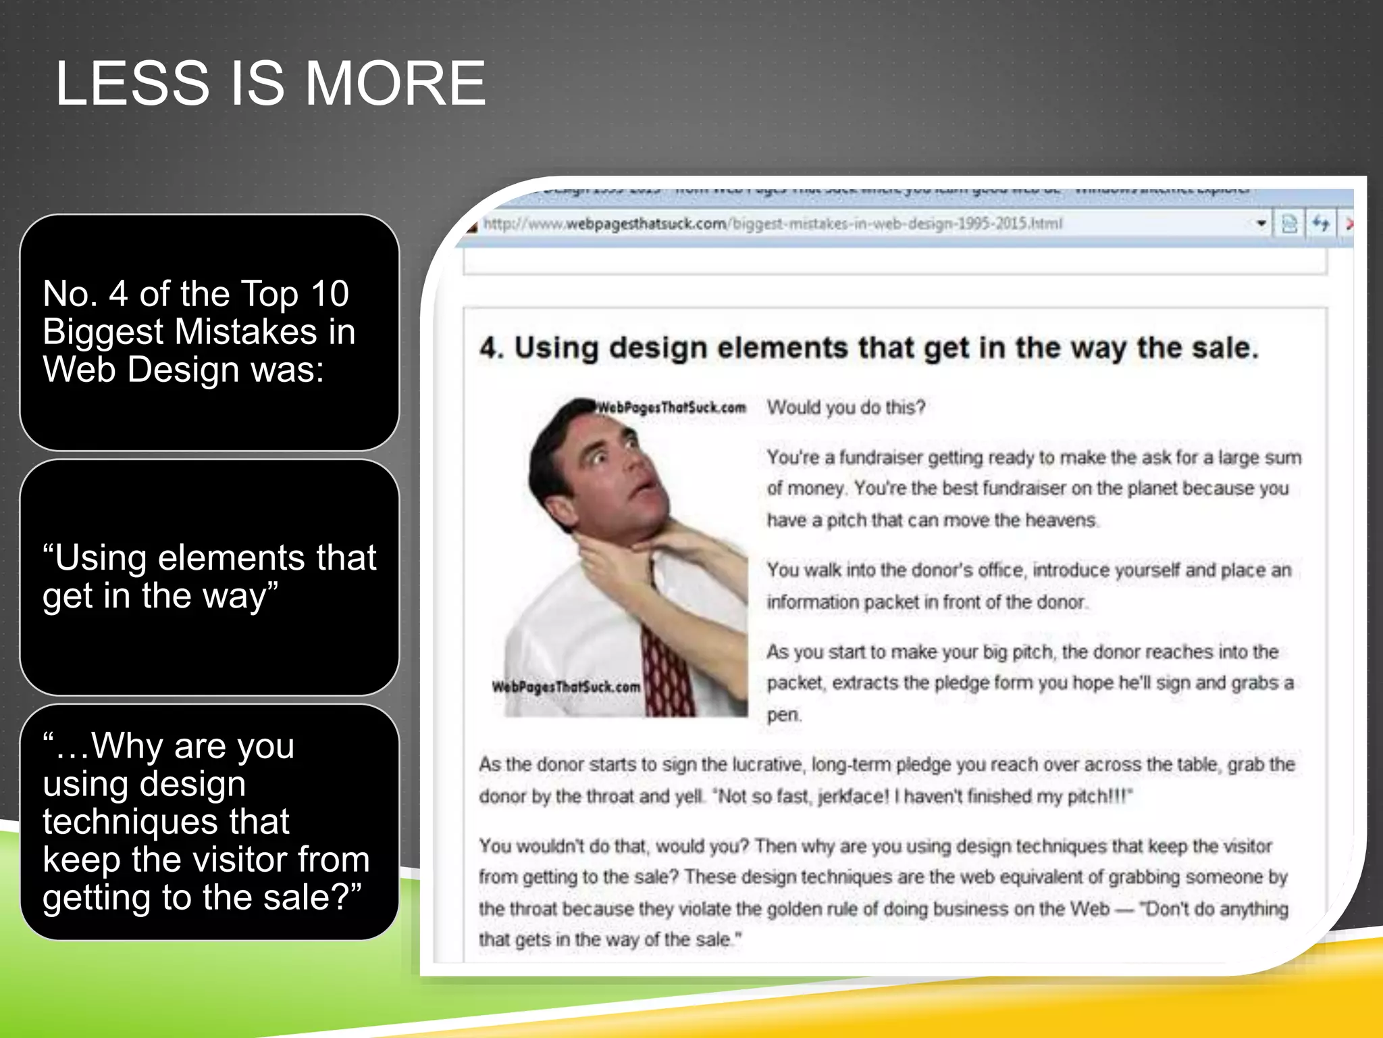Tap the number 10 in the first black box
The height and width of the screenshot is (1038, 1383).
(329, 294)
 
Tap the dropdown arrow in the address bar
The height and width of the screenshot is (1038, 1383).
(1261, 223)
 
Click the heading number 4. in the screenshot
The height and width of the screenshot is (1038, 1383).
(492, 349)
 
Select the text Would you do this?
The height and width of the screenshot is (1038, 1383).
(845, 407)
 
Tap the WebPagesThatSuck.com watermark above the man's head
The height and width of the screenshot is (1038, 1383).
(671, 407)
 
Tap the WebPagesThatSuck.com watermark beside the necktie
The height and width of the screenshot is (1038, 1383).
(566, 687)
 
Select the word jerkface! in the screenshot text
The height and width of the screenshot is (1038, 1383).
(854, 797)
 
